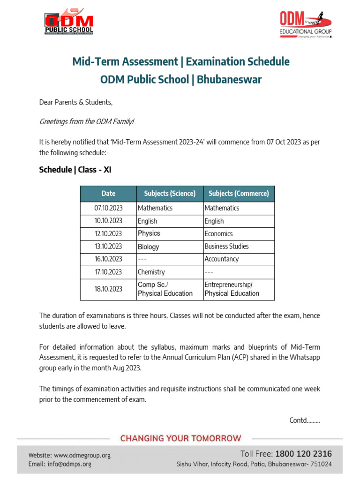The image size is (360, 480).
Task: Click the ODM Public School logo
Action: [69, 22]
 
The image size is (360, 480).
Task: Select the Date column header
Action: [108, 194]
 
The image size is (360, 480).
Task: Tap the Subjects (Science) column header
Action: [170, 194]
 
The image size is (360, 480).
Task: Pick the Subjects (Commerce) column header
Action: [239, 194]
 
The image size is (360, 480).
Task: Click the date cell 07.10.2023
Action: [108, 208]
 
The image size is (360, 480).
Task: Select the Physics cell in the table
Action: [149, 233]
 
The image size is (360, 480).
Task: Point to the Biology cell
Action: [149, 247]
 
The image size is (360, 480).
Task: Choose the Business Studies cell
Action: [226, 246]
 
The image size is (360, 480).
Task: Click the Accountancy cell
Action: [221, 259]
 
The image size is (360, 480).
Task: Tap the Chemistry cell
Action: [151, 272]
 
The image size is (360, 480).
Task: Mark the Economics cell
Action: [218, 233]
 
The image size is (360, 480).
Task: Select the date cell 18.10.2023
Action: [108, 289]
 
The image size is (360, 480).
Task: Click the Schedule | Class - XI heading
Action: [75, 170]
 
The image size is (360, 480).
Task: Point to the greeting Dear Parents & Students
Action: [76, 102]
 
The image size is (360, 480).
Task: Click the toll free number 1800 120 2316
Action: [303, 454]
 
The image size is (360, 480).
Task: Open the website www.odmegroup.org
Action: [82, 455]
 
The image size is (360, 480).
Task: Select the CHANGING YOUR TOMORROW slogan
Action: [180, 439]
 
